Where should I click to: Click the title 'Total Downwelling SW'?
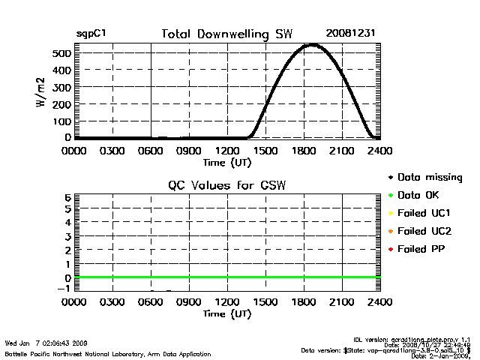[227, 34]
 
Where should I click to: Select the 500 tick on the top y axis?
[61, 53]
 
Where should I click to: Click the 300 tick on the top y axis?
[61, 87]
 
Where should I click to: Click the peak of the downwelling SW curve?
[311, 46]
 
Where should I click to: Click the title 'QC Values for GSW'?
[227, 185]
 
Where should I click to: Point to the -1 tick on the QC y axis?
[64, 289]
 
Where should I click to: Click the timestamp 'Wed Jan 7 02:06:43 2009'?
[46, 343]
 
